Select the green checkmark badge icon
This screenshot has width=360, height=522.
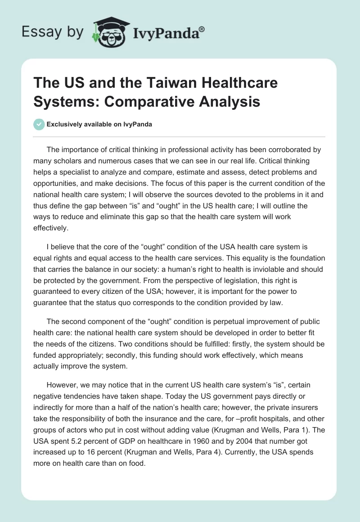(x=39, y=124)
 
